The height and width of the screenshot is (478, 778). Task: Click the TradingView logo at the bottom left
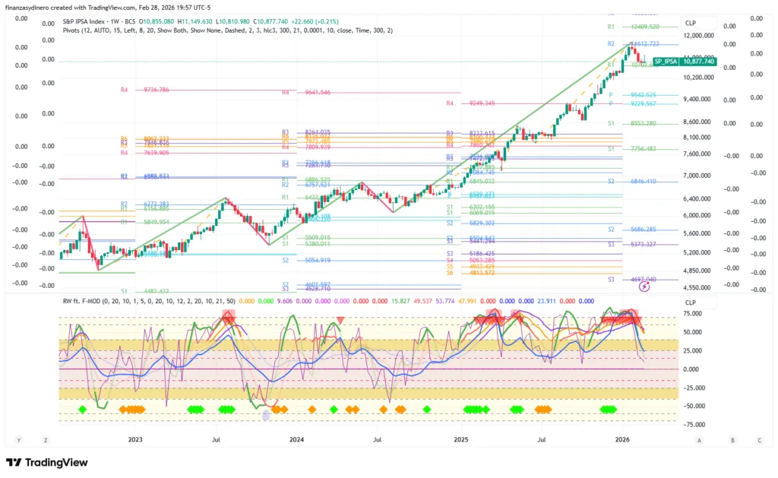click(x=47, y=462)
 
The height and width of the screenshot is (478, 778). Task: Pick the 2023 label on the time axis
click(x=135, y=439)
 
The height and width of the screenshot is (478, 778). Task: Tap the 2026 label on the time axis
click(x=622, y=439)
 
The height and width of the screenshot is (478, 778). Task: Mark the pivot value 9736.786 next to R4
click(x=156, y=90)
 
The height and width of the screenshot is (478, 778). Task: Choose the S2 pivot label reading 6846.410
click(x=643, y=182)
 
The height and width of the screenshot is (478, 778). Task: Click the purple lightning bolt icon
click(x=645, y=287)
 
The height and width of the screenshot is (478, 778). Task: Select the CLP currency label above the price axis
click(x=690, y=23)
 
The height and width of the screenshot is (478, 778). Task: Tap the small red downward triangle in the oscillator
click(x=340, y=320)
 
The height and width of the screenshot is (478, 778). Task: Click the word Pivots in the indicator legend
click(x=73, y=30)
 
